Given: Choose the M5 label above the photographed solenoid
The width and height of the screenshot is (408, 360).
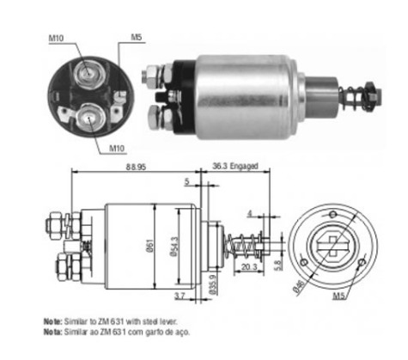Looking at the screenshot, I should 137,37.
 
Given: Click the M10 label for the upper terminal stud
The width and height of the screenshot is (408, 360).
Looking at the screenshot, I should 56,37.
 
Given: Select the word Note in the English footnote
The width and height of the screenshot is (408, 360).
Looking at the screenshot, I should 53,320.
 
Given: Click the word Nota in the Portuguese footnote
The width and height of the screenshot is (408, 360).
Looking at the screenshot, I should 53,330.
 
